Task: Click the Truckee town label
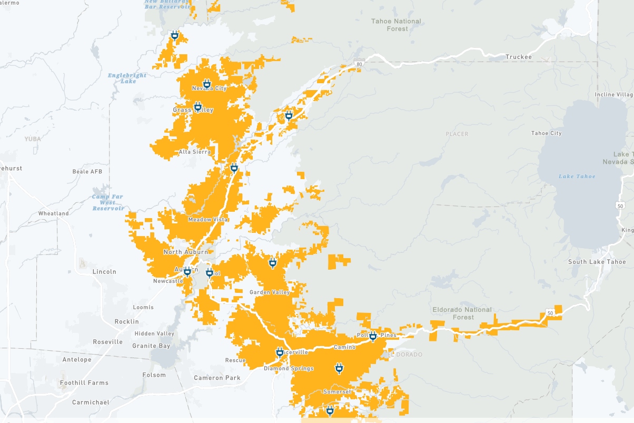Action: (519, 57)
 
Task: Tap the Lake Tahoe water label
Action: (577, 176)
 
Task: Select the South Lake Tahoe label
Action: (597, 262)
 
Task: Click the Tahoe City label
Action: (546, 133)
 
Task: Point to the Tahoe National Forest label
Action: (397, 25)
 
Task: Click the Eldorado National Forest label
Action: (462, 313)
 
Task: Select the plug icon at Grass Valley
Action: (198, 107)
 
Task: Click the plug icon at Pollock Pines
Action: (373, 336)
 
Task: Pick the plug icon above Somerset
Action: (339, 368)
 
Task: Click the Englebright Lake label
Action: (127, 78)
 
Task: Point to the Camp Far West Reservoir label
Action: (108, 202)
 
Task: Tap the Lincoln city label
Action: (104, 272)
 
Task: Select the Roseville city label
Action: (107, 342)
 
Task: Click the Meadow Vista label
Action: (207, 220)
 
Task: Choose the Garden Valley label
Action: (269, 292)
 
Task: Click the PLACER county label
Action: (457, 134)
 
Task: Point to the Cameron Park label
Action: (217, 378)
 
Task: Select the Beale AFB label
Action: (87, 172)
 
